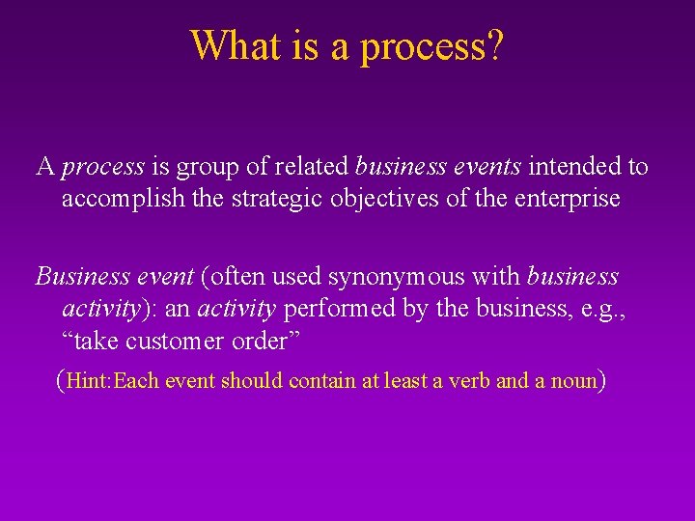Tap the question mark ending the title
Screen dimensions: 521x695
click(x=493, y=45)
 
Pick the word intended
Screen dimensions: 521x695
click(x=573, y=167)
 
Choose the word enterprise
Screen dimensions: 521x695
click(x=570, y=200)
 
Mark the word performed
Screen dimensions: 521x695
click(x=329, y=310)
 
